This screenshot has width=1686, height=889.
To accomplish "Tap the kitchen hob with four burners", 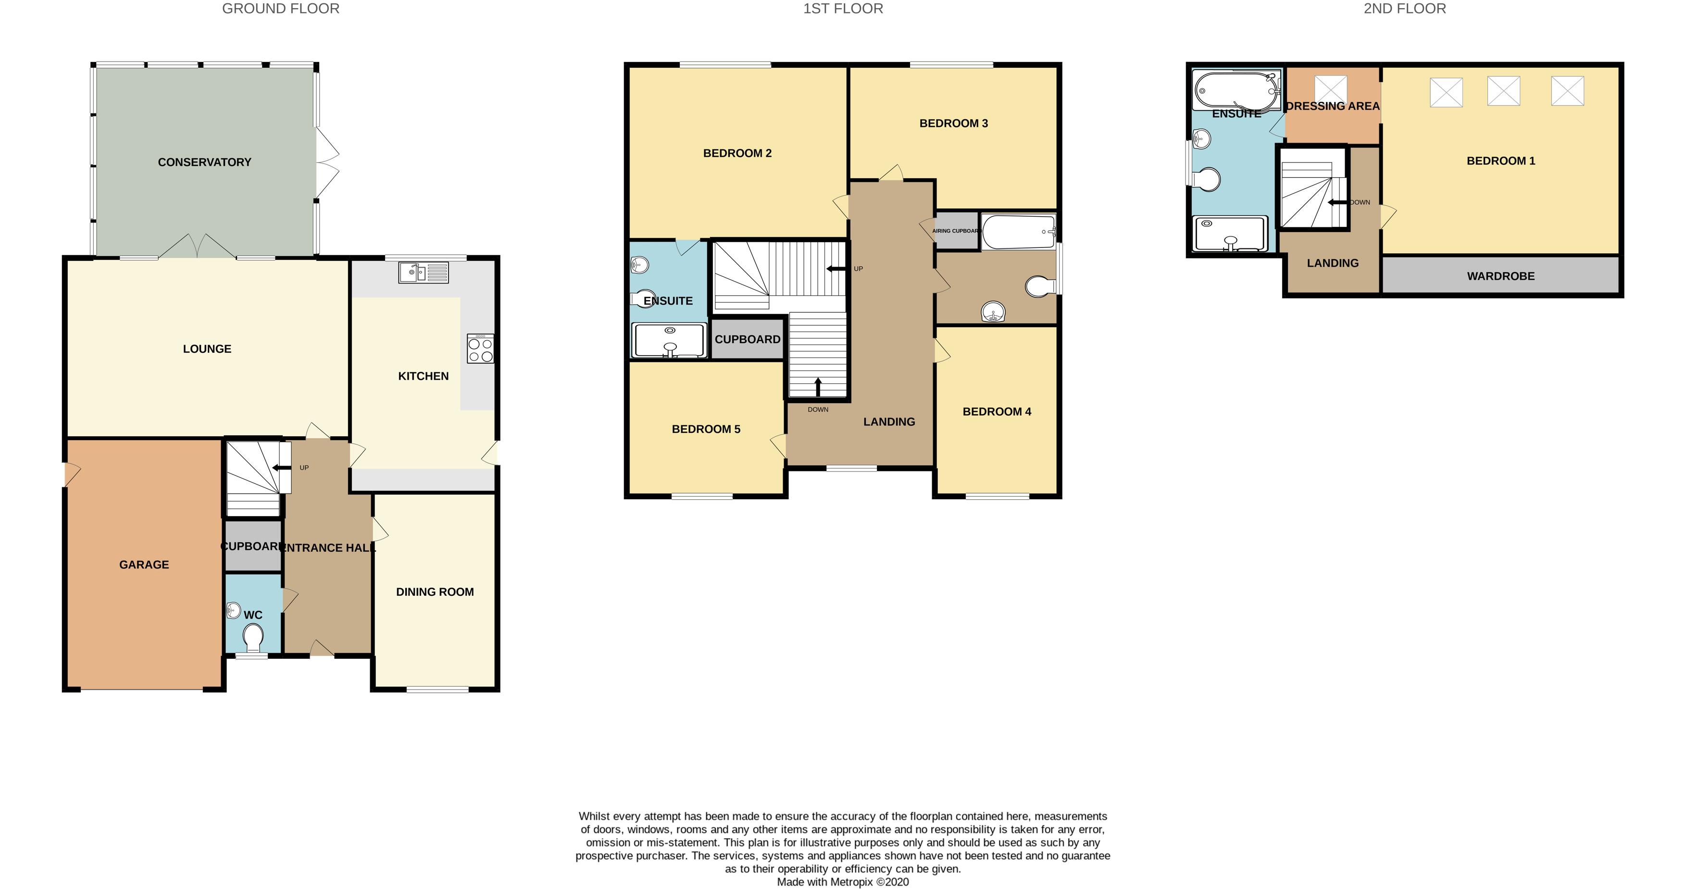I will pos(480,349).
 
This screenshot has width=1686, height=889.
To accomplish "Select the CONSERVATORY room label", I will pos(204,162).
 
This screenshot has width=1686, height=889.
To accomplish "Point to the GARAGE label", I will pos(144,565).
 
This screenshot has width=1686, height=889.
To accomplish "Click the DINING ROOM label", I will pos(435,592).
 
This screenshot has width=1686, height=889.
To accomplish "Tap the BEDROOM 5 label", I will pos(706,429).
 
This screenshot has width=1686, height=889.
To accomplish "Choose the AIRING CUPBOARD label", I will pos(956,231).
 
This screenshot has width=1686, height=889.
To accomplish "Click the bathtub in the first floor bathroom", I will pos(1018,232).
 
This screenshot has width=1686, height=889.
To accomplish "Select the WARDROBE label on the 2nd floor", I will pos(1500,276).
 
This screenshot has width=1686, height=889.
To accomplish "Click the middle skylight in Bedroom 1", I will pos(1503,91).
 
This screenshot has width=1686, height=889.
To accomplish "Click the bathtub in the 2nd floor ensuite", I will pos(1236,91).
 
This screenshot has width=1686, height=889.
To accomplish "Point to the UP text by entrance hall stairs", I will pos(304,468).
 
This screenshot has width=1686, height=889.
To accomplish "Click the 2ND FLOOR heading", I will pos(1405,9).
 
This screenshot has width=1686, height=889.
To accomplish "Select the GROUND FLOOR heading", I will pos(281,9).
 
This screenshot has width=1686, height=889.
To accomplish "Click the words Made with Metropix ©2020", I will pos(842,882).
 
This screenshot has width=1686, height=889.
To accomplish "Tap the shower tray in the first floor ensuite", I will pos(669,341).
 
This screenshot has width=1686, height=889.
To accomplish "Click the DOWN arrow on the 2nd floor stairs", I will pos(1337,203).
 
